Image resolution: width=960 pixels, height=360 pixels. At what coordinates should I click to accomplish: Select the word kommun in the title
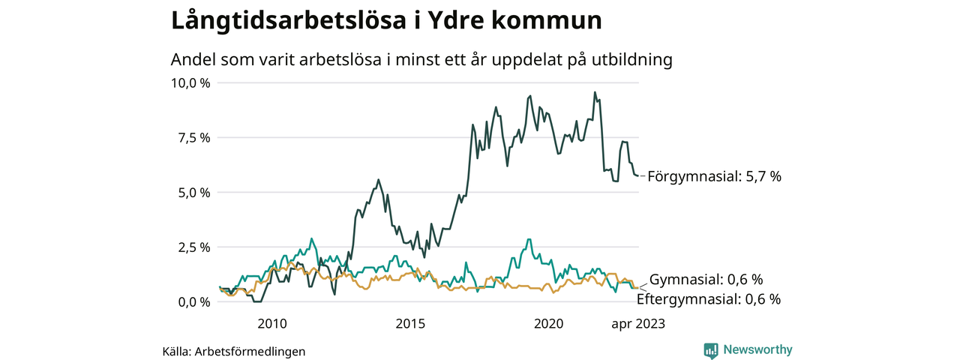click(x=556, y=21)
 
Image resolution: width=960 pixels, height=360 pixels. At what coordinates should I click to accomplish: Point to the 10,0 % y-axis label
click(x=191, y=82)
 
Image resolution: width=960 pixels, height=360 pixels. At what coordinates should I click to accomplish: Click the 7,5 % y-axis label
click(x=194, y=137)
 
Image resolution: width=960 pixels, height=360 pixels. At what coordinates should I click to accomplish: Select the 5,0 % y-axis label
click(x=194, y=192)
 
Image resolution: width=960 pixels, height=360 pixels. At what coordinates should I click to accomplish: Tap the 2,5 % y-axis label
click(x=194, y=247)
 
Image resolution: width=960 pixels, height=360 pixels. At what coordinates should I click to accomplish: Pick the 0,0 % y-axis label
click(x=194, y=301)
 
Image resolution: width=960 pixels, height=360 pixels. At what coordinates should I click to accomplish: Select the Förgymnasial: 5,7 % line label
click(x=714, y=177)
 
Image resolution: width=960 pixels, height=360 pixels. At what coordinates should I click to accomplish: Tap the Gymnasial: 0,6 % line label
click(x=706, y=280)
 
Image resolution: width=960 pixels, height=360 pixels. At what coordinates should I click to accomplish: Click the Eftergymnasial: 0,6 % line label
click(x=708, y=299)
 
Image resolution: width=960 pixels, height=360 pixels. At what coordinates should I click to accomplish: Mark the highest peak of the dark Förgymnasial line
click(x=595, y=93)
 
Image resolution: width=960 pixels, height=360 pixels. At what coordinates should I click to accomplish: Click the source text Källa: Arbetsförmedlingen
click(x=234, y=351)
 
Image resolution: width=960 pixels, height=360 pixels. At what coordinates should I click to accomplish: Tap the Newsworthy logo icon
click(x=711, y=349)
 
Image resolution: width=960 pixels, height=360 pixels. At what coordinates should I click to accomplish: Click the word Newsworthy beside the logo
click(x=757, y=349)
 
